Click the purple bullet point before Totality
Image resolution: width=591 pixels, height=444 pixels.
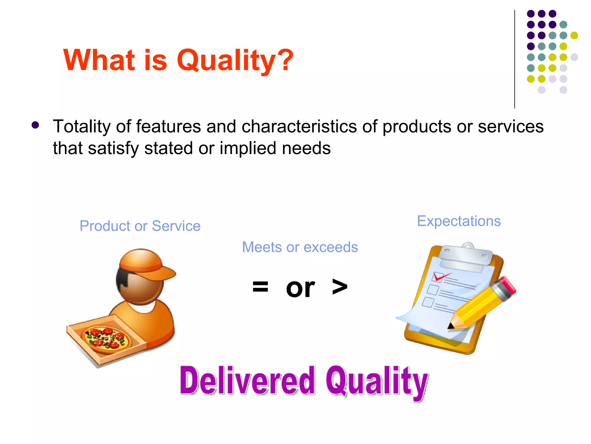click(35, 125)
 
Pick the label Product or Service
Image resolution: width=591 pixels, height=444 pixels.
click(140, 226)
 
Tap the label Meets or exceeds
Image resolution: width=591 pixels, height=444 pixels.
click(300, 247)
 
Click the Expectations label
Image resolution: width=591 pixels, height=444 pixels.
click(459, 221)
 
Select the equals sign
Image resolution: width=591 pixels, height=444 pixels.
click(260, 287)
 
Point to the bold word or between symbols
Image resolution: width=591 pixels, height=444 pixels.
click(300, 288)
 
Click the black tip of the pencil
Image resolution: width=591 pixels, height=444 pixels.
click(450, 327)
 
